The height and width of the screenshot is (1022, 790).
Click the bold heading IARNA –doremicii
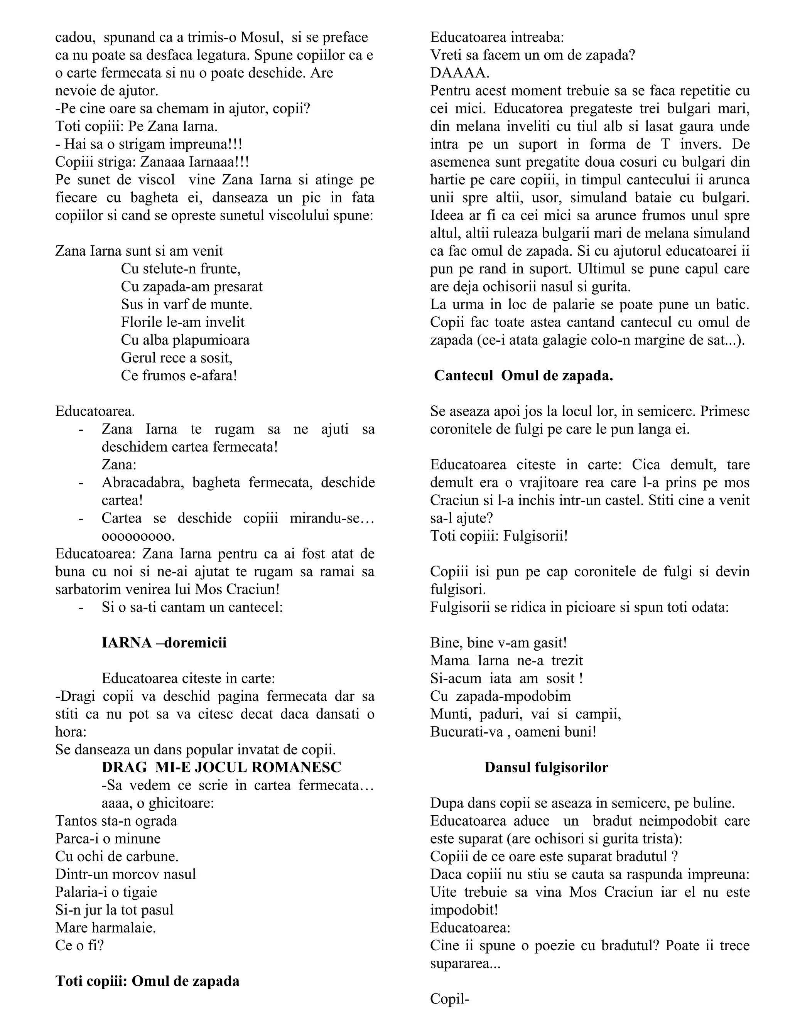coord(164,643)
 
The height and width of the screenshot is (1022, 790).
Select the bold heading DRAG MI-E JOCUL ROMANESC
coord(221,767)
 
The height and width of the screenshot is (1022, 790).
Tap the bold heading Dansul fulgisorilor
coord(546,767)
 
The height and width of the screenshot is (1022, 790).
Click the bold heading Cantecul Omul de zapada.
coord(523,376)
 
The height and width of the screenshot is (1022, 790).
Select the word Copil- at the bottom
coord(449,998)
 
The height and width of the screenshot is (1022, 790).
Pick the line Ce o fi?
coord(79,945)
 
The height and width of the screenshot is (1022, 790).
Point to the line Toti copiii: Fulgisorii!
coord(499,536)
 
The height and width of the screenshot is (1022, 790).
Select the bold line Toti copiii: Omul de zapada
coord(147,981)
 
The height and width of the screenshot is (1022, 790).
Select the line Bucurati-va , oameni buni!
coord(513,731)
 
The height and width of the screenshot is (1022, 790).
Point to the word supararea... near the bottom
coord(465,963)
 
